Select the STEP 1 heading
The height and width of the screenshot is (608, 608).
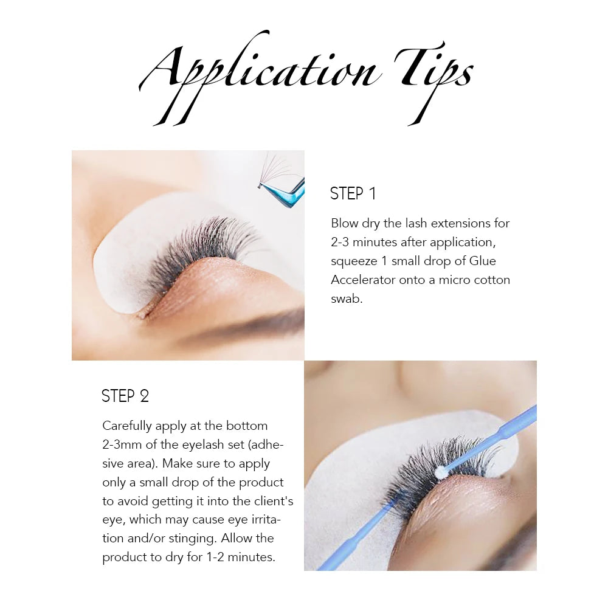click(353, 194)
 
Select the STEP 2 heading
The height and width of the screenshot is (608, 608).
click(125, 396)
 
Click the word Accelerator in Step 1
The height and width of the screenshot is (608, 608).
click(364, 280)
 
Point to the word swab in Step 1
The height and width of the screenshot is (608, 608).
click(347, 299)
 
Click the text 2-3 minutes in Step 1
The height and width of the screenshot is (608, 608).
click(364, 242)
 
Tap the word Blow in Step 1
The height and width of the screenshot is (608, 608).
click(345, 223)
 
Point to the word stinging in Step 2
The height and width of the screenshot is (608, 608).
click(194, 538)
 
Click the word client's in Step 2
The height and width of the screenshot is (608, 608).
click(272, 501)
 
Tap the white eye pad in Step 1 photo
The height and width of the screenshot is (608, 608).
click(122, 261)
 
